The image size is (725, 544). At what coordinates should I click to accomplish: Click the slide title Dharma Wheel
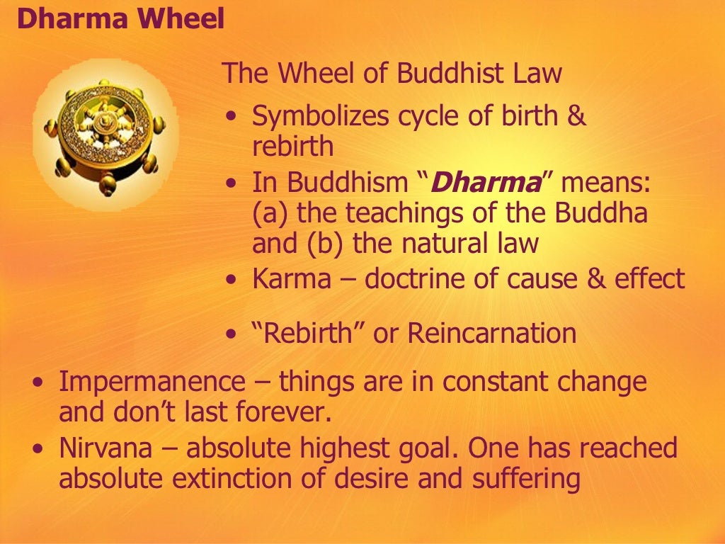point(120,19)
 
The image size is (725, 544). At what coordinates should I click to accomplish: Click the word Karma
point(291,279)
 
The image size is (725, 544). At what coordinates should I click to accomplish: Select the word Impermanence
point(151,382)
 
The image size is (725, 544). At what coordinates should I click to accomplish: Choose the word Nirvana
point(102,448)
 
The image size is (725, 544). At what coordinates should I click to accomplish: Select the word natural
point(437,244)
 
